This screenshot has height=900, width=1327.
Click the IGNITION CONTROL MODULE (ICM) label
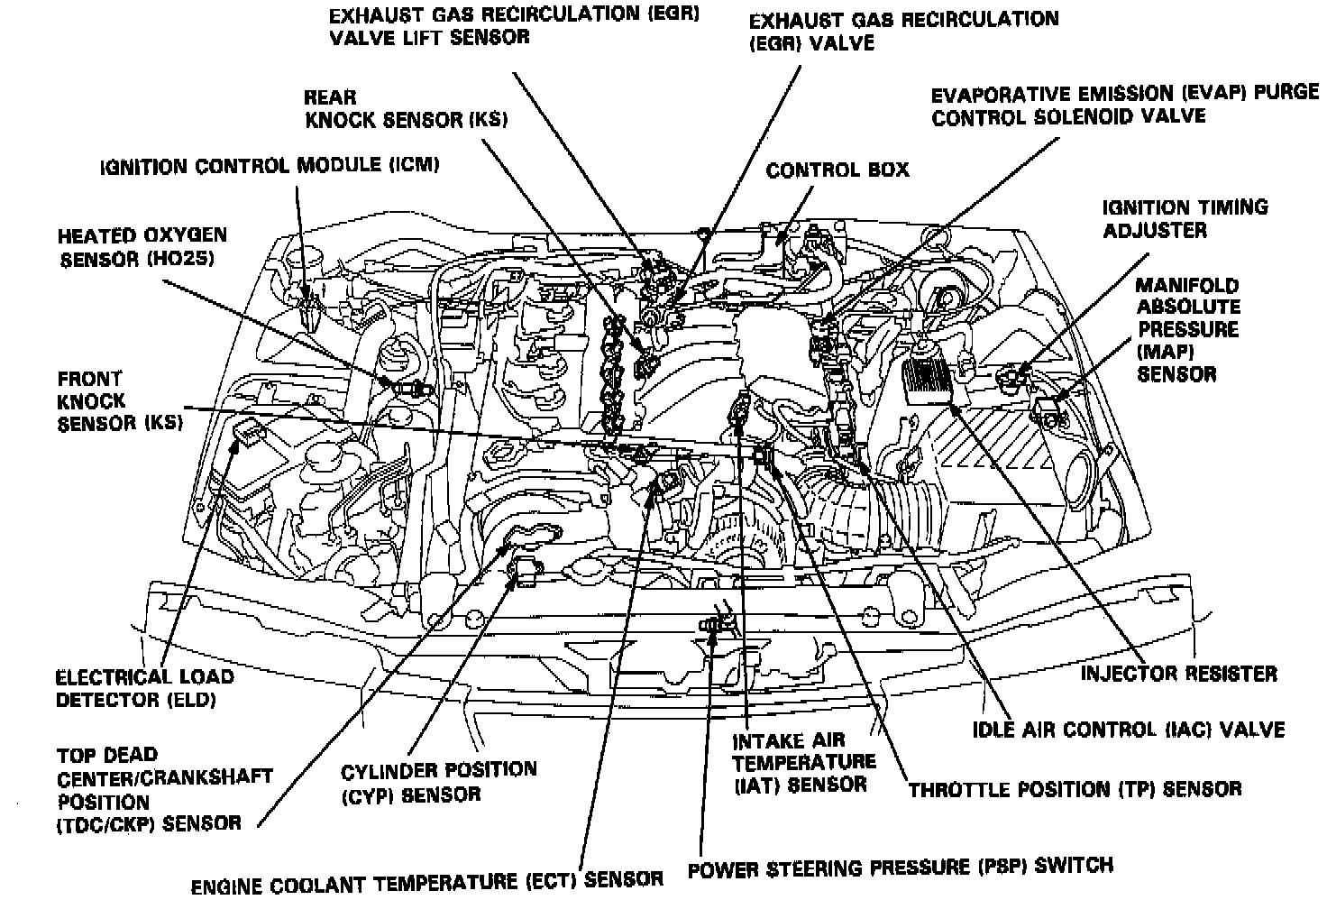tap(270, 166)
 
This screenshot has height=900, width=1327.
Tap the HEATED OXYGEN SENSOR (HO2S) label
tap(142, 247)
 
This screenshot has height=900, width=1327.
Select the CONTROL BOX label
tap(837, 170)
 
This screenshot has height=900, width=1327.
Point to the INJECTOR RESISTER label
tap(1178, 674)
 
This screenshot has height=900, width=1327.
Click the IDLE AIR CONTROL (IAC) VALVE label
tap(1129, 729)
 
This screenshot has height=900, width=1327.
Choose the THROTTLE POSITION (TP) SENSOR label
tap(1075, 789)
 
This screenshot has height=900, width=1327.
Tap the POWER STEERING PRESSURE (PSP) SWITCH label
tap(900, 867)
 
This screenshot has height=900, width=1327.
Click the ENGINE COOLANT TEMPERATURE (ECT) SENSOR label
tap(427, 879)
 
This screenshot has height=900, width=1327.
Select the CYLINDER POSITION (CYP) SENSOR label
tap(438, 782)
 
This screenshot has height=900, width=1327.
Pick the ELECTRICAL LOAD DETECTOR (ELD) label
tap(144, 688)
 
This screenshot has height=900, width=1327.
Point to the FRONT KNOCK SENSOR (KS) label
tap(119, 401)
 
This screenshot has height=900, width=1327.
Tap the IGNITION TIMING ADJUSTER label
tap(1185, 218)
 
